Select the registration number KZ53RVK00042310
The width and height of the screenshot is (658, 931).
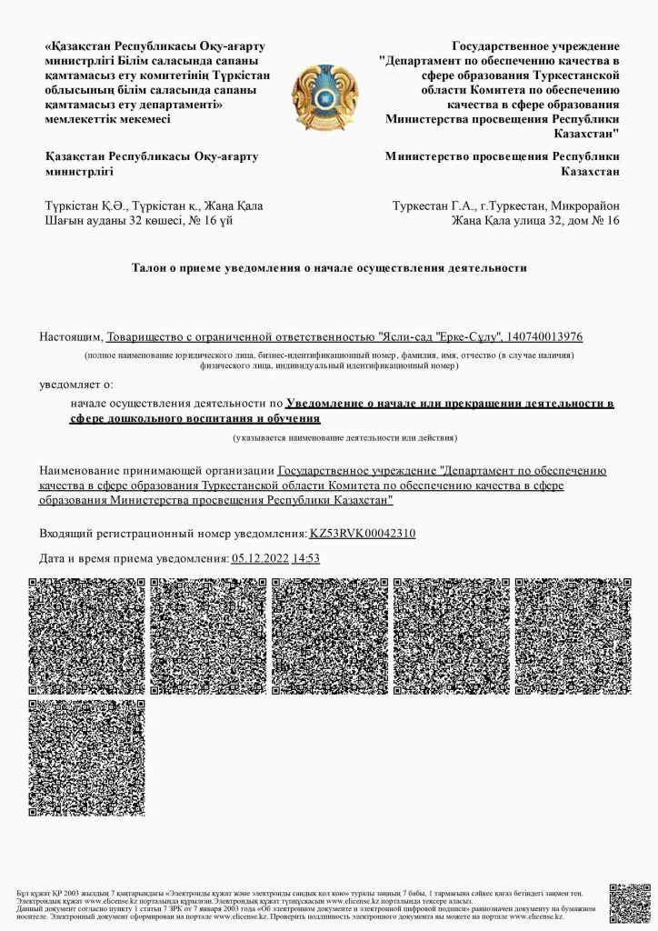click(363, 534)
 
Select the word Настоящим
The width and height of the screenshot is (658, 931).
click(71, 337)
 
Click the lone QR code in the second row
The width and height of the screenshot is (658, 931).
click(86, 757)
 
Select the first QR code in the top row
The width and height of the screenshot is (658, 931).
click(86, 636)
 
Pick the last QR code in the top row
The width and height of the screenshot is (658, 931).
click(573, 636)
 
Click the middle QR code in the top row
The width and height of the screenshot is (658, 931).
click(330, 636)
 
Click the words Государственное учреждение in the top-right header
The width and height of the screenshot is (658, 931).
click(535, 45)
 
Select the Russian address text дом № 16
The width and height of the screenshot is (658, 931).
click(592, 220)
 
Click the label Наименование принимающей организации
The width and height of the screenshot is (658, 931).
click(156, 471)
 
